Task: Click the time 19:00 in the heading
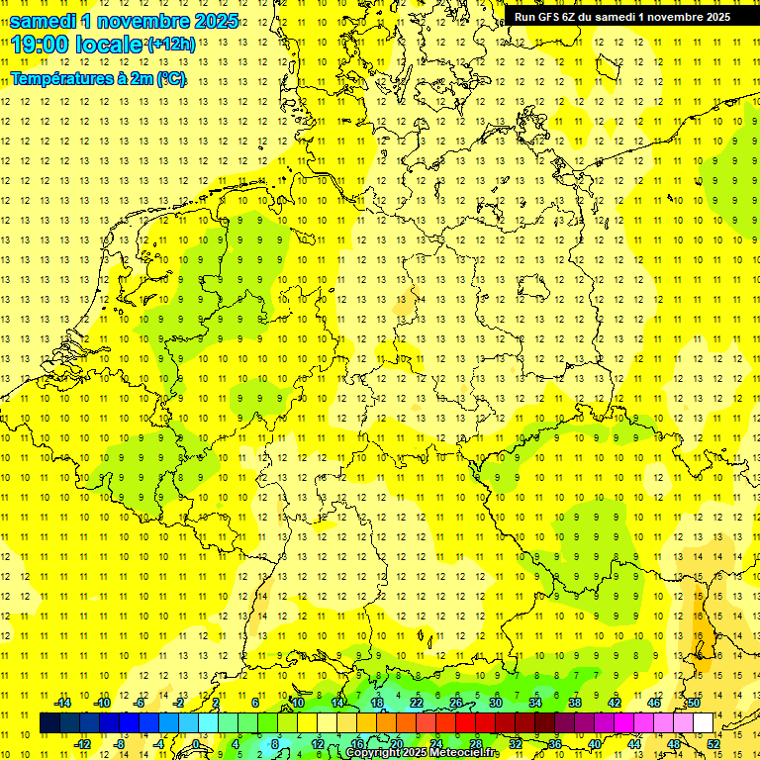pos(44,45)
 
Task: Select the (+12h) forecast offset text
pos(175,45)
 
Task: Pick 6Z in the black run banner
pos(574,17)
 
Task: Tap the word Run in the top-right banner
pos(525,17)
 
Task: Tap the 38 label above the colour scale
pos(575,703)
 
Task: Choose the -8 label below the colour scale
pos(120,744)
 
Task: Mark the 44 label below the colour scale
pos(634,744)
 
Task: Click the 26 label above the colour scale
pos(456,703)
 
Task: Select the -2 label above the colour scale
pos(179,703)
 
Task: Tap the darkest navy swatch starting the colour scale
pos(49,723)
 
